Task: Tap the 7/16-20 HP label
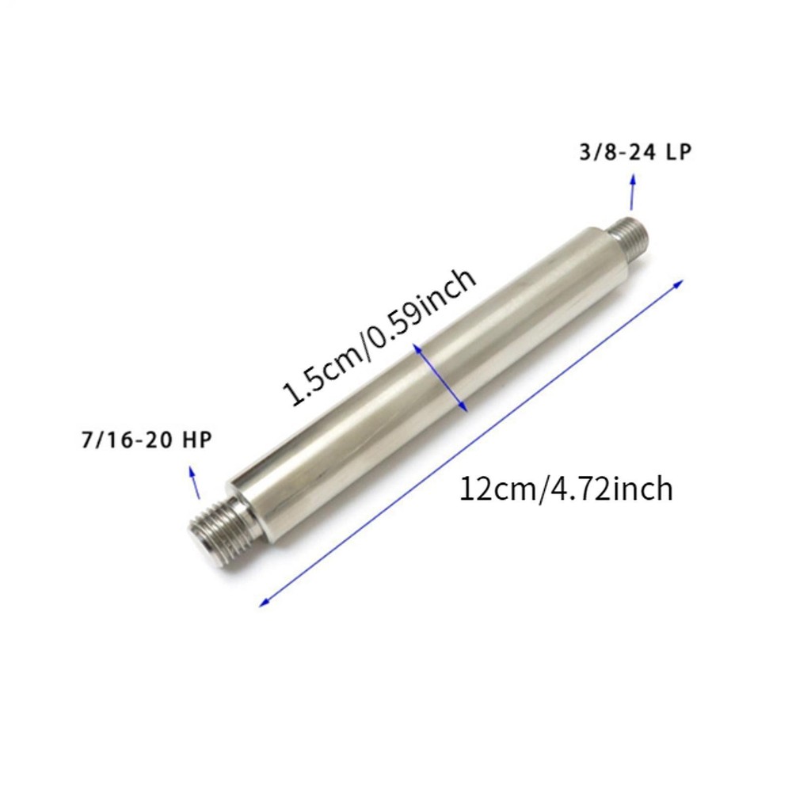click(x=146, y=440)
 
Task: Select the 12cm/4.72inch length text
click(x=566, y=489)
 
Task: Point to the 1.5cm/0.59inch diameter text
click(x=380, y=337)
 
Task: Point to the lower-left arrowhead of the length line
click(x=265, y=603)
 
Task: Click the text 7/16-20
click(x=127, y=440)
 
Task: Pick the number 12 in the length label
click(x=474, y=489)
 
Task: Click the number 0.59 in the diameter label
click(x=395, y=325)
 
